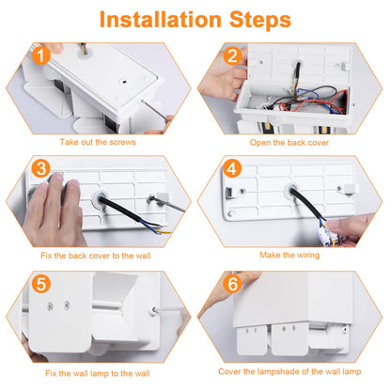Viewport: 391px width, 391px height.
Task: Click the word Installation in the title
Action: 161,20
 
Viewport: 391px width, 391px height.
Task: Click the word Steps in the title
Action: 260,21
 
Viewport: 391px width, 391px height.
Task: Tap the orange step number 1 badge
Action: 41,55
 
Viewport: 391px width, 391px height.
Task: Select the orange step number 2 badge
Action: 232,55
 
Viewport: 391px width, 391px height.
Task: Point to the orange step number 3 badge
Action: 41,168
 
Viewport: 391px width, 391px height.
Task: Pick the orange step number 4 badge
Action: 232,168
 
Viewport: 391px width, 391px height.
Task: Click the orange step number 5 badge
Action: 41,284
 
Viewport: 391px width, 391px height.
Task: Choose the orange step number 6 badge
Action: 232,284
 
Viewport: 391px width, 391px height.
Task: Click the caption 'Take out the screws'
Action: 98,142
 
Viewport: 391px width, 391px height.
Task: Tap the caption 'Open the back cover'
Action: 289,143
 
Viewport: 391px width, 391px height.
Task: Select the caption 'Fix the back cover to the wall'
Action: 96,256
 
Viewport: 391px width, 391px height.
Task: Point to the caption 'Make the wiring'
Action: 289,255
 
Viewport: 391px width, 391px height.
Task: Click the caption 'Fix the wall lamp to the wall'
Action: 98,373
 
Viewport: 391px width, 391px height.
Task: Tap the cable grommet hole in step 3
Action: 101,198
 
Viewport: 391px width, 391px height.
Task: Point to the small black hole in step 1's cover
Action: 124,82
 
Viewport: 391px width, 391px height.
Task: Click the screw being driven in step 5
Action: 154,310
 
